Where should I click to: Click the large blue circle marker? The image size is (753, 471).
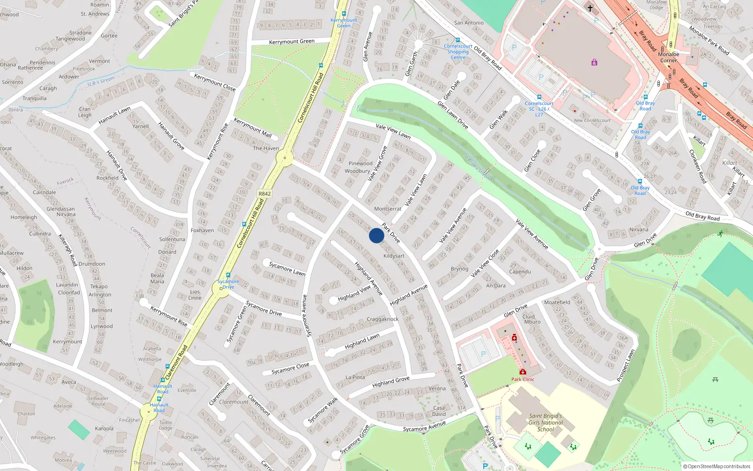click(x=376, y=235)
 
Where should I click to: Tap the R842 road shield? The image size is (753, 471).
click(x=264, y=194)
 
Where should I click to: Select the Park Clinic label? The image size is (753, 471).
click(x=523, y=379)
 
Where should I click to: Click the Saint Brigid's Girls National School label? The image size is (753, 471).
click(x=545, y=422)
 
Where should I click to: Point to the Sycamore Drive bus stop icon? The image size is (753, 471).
click(x=228, y=275)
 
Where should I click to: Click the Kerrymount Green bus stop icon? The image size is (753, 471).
click(x=344, y=14)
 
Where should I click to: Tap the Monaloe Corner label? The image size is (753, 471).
click(x=668, y=57)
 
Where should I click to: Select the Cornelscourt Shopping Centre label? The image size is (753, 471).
click(x=458, y=52)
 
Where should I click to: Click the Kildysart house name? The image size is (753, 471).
click(x=394, y=256)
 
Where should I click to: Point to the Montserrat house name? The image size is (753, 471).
click(x=388, y=209)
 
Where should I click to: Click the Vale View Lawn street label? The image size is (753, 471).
click(x=393, y=131)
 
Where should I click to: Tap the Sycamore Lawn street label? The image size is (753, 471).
click(x=287, y=269)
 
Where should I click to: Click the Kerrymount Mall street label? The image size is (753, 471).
click(x=253, y=128)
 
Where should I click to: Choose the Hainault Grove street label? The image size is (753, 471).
click(x=171, y=136)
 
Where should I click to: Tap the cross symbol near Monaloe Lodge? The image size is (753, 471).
click(x=590, y=8)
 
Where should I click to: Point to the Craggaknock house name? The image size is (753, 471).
click(x=382, y=319)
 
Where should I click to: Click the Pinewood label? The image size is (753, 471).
click(x=360, y=163)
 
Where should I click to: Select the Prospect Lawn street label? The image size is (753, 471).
click(x=626, y=365)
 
